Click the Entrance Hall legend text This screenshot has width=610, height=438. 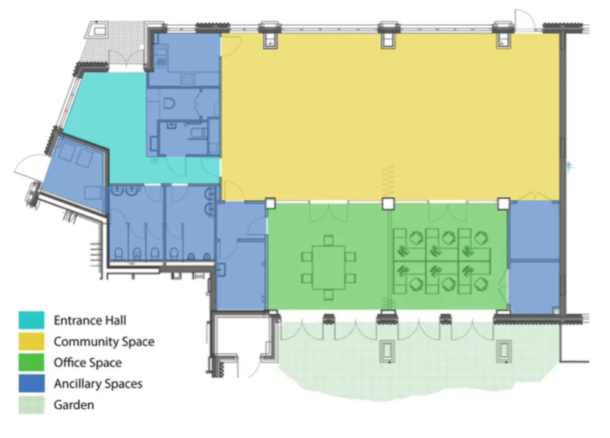(x=90, y=320)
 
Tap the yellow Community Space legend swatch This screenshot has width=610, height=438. (x=32, y=341)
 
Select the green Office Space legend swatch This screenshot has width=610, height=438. (x=32, y=362)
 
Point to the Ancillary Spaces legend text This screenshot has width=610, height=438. (x=98, y=384)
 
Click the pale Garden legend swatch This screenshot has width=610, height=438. (x=32, y=404)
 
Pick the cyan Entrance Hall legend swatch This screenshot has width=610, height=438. (x=32, y=320)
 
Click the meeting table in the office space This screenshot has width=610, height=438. (x=328, y=267)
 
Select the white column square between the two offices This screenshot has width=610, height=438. (x=388, y=204)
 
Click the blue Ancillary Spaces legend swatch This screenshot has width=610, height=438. (x=32, y=383)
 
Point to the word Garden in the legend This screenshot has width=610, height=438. (x=74, y=404)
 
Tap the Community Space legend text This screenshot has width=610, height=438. (x=104, y=342)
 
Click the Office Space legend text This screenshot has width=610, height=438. (x=88, y=362)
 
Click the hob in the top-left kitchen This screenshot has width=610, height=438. (x=188, y=79)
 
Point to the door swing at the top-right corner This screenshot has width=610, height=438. (x=525, y=19)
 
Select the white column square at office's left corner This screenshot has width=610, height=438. (x=271, y=203)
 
